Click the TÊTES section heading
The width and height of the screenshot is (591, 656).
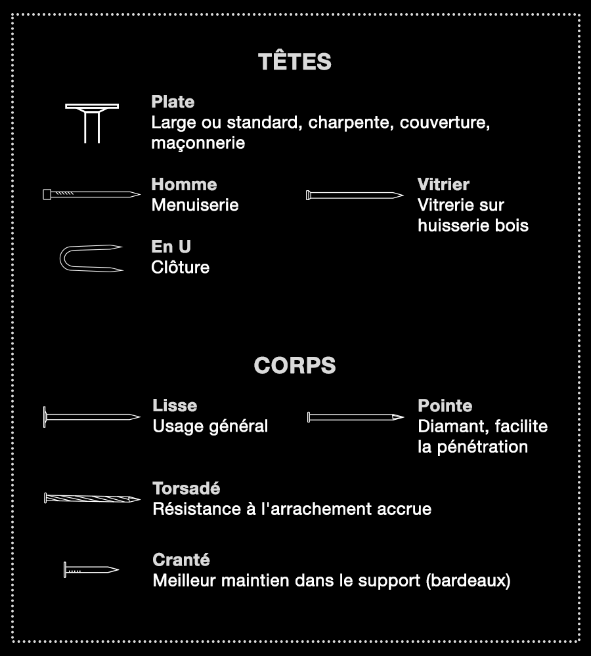click(x=295, y=62)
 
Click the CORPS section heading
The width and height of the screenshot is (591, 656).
click(x=295, y=365)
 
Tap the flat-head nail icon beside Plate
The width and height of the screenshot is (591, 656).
click(x=92, y=122)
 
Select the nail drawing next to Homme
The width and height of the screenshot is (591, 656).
click(x=91, y=194)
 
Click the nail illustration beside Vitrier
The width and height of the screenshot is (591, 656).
click(x=355, y=195)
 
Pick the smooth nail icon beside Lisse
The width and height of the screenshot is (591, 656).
click(x=92, y=417)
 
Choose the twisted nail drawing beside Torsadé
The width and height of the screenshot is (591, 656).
click(x=92, y=498)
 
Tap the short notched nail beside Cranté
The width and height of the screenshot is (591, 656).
click(x=91, y=569)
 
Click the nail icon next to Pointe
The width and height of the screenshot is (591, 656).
click(x=355, y=417)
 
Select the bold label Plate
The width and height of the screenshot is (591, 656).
click(x=173, y=102)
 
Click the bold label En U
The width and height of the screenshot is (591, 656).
click(x=171, y=247)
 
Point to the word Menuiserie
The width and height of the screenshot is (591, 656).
click(x=195, y=205)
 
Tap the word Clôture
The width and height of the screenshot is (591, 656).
click(x=181, y=267)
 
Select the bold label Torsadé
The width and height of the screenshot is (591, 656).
click(x=186, y=489)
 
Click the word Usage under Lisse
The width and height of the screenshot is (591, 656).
click(x=175, y=426)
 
